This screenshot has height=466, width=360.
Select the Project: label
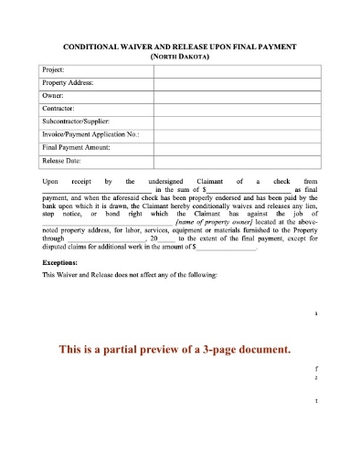click(x=58, y=69)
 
